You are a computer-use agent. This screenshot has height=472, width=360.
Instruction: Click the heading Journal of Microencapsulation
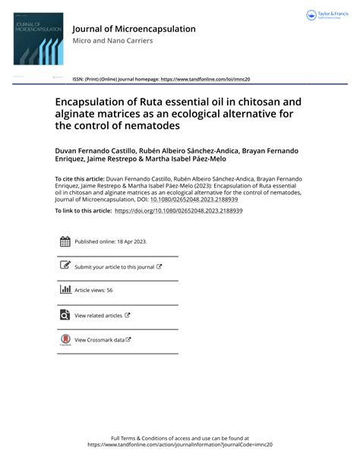click(134, 29)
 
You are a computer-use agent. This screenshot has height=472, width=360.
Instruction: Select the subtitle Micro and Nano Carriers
click(112, 41)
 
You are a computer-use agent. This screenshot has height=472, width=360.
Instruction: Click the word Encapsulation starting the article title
click(93, 99)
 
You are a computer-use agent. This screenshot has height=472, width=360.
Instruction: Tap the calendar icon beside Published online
click(65, 242)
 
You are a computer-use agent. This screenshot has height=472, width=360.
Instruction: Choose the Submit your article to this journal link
click(114, 266)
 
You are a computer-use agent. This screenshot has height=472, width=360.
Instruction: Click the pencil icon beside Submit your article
click(65, 266)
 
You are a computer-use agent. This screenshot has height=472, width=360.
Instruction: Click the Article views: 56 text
click(93, 291)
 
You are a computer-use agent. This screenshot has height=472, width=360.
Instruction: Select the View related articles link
click(98, 315)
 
